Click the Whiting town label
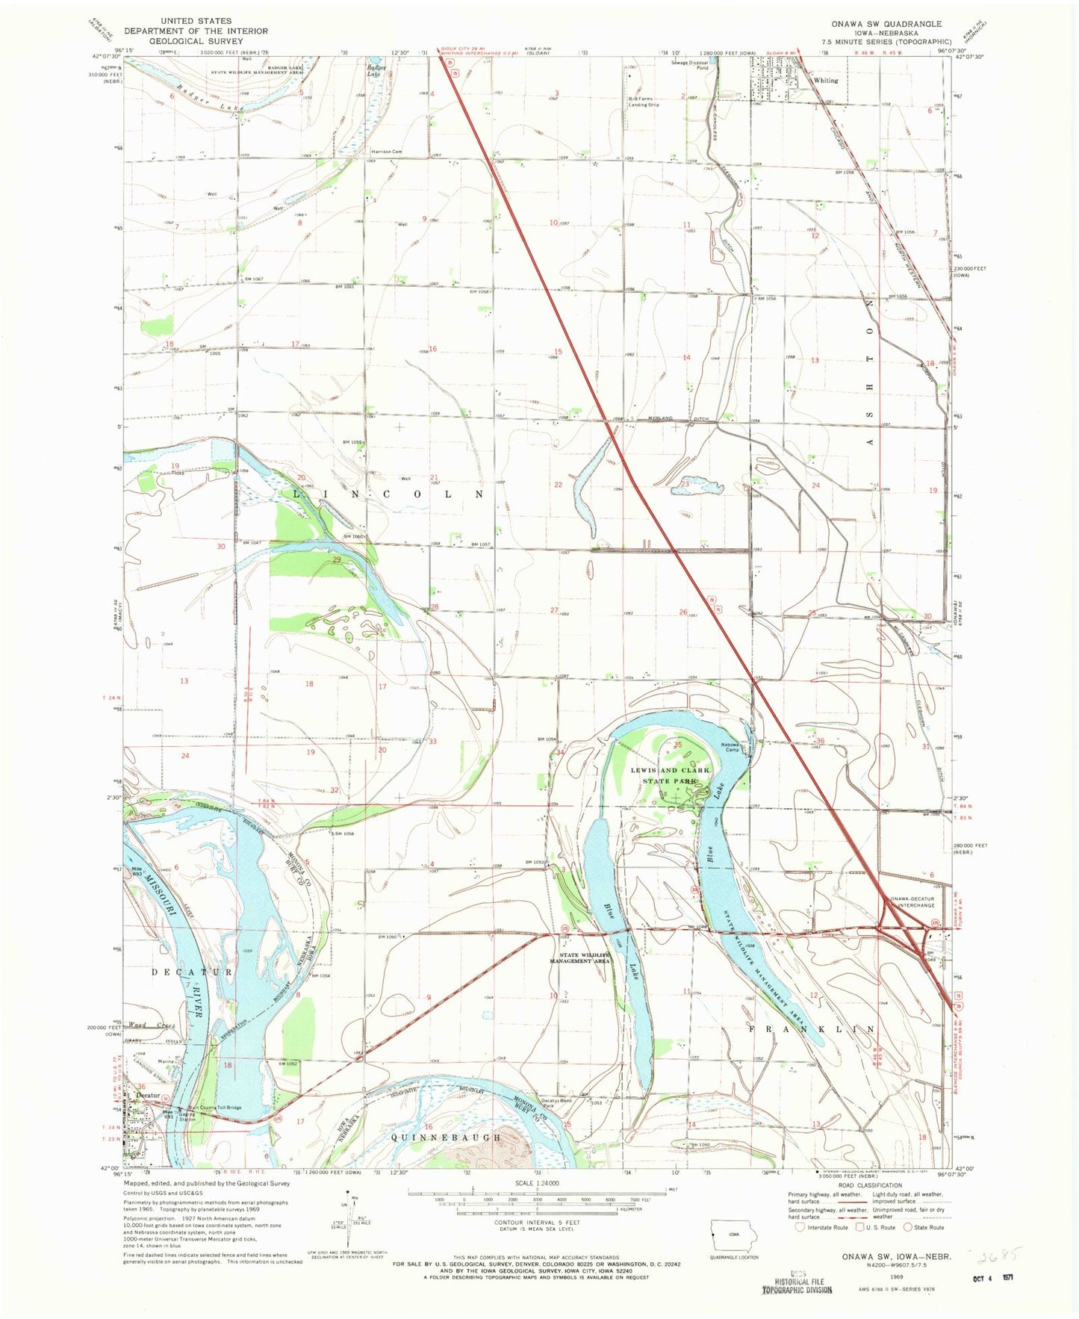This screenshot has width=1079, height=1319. (x=825, y=80)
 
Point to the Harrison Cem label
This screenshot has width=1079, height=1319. (x=387, y=152)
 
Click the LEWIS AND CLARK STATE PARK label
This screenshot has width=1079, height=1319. (x=670, y=775)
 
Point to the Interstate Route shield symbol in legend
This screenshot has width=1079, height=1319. (x=800, y=1226)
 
